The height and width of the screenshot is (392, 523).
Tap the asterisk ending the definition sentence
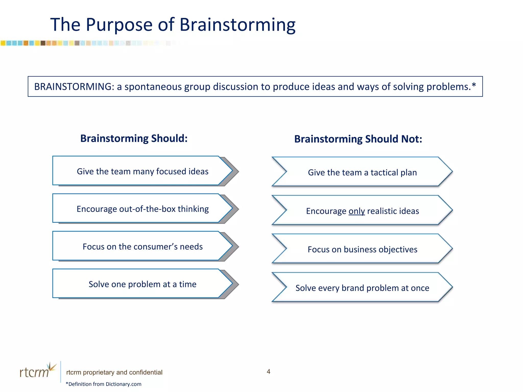coord(474,85)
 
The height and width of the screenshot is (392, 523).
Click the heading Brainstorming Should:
coord(134,138)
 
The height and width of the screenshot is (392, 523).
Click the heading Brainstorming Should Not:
coord(358,139)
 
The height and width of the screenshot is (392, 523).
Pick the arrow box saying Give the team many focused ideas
coord(142,171)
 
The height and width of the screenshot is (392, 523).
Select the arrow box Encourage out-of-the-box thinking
coord(142,209)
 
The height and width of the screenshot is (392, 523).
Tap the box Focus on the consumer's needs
coord(142,247)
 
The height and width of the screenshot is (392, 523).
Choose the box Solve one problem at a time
coord(142,284)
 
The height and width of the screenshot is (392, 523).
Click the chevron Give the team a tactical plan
coord(362,173)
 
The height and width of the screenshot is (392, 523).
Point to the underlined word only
coord(356,211)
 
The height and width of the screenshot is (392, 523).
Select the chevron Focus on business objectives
coord(362,249)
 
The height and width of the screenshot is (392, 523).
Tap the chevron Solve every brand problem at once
coord(362,288)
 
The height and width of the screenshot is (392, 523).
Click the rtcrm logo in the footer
coord(37,371)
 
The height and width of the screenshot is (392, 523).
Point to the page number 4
coord(268,372)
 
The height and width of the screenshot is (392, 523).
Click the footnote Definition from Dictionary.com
coord(104,384)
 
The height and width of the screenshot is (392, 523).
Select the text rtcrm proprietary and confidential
coord(114,372)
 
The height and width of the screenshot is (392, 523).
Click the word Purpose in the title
coord(119,25)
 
